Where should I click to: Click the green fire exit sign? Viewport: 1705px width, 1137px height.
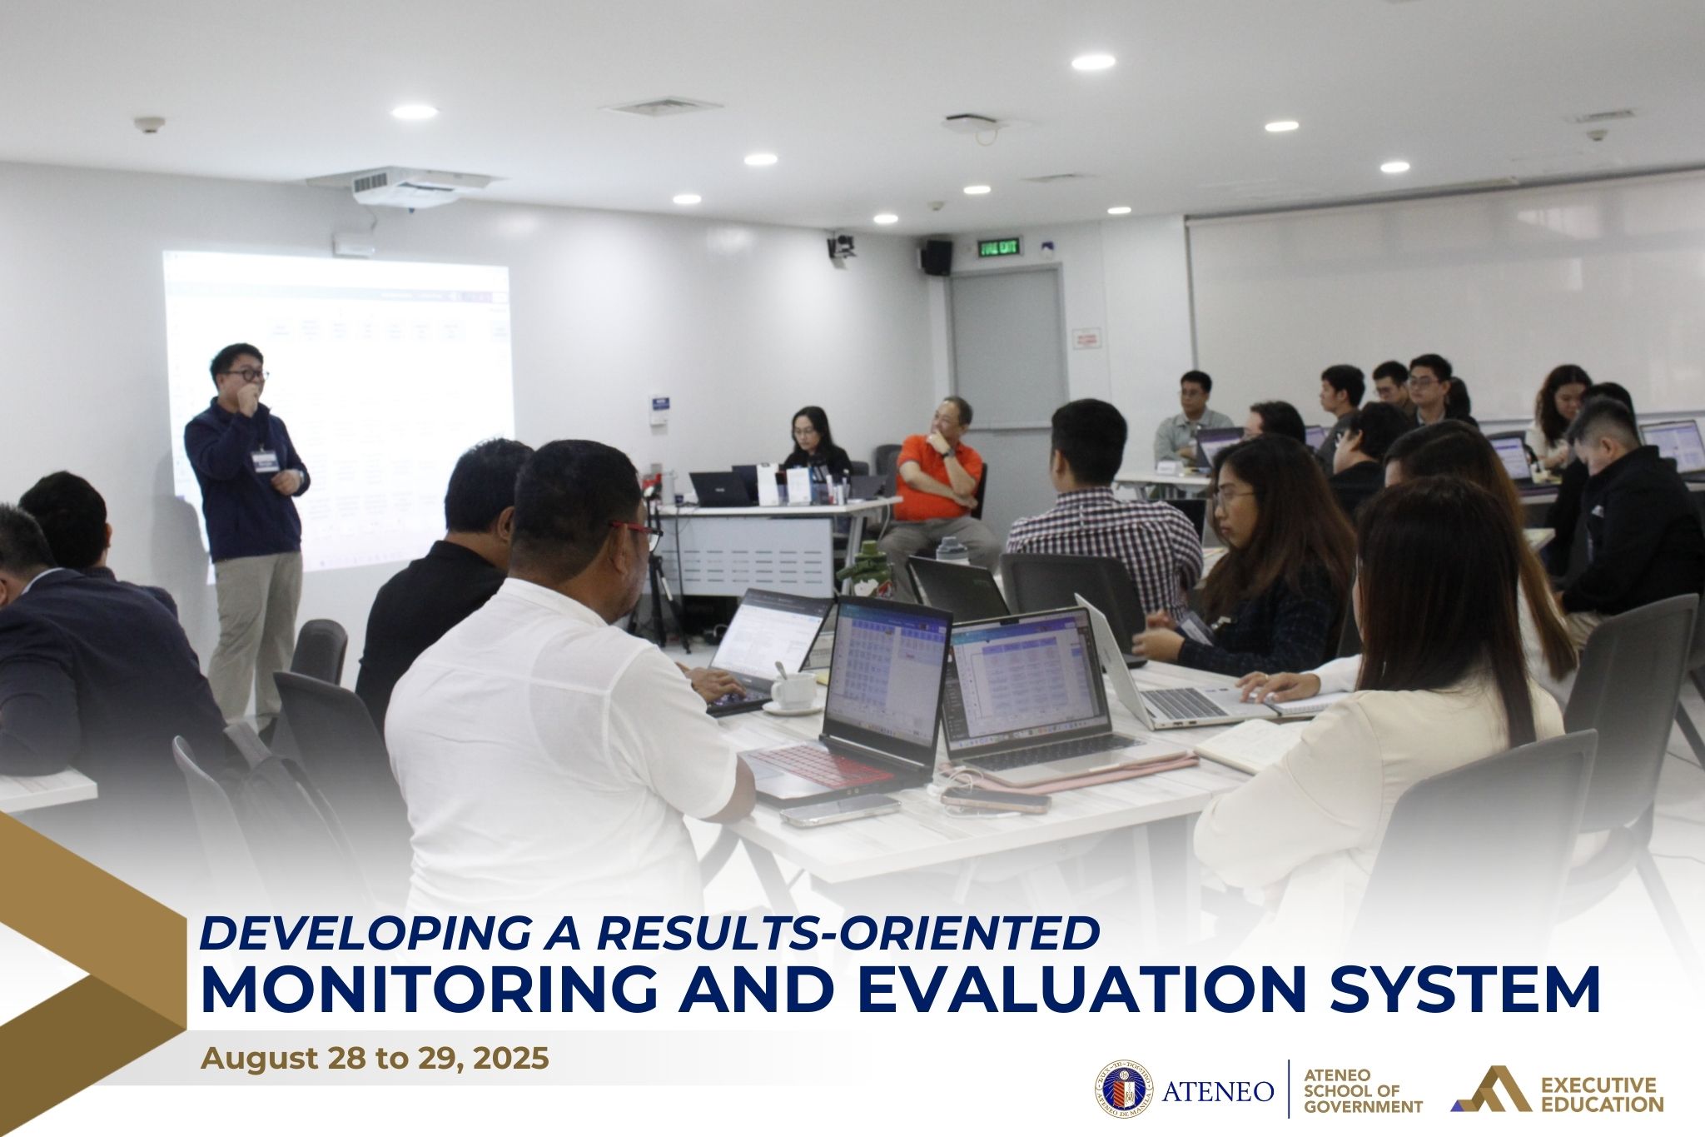pos(998,246)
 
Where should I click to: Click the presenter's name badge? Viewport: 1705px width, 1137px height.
pos(265,461)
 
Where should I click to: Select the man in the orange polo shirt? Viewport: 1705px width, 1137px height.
pos(939,475)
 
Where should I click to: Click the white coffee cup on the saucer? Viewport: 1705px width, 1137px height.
pos(793,691)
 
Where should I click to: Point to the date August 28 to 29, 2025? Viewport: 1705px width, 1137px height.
pos(375,1059)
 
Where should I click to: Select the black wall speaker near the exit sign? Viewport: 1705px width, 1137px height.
pos(937,257)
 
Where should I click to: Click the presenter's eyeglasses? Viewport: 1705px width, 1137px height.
pos(246,376)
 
